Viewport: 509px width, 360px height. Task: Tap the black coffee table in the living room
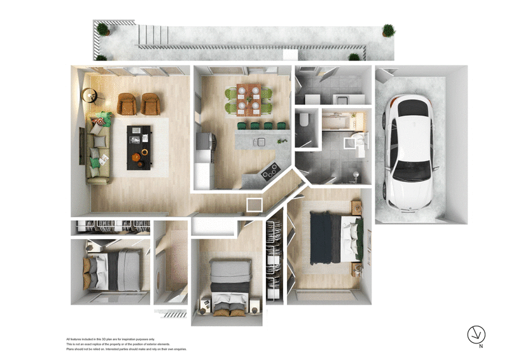click(139, 147)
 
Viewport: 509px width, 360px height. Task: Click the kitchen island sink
click(259, 141)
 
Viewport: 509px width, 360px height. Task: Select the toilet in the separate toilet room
click(304, 120)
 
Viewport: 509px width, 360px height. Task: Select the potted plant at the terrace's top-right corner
click(387, 31)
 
